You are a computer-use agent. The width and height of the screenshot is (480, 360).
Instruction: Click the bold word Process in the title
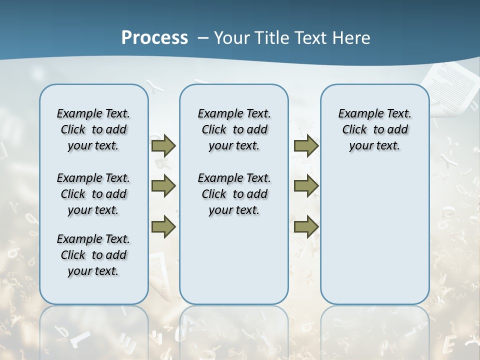[x=154, y=38]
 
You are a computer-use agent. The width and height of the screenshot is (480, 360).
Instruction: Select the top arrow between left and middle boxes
[x=163, y=145]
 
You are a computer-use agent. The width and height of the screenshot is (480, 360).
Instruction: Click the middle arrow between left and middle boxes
[x=163, y=186]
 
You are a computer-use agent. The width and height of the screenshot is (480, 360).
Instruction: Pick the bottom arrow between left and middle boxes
[x=163, y=227]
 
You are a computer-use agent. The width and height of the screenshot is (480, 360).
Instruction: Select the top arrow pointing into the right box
[x=306, y=145]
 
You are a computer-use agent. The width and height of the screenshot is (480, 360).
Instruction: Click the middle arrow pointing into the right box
[x=306, y=186]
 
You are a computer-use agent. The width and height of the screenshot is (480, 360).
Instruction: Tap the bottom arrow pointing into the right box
[x=306, y=227]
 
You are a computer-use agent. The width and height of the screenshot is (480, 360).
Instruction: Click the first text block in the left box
[x=93, y=129]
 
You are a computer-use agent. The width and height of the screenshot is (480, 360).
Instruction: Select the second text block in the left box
[x=93, y=194]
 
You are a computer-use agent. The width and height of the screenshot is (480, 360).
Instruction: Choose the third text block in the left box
[x=93, y=255]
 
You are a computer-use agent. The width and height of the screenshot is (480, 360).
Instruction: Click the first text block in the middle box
[x=234, y=129]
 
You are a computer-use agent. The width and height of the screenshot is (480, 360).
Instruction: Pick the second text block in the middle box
[x=234, y=194]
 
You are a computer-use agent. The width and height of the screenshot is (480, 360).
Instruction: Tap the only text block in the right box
[x=374, y=129]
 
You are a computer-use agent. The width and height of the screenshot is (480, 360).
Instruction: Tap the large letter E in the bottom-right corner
[x=448, y=345]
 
